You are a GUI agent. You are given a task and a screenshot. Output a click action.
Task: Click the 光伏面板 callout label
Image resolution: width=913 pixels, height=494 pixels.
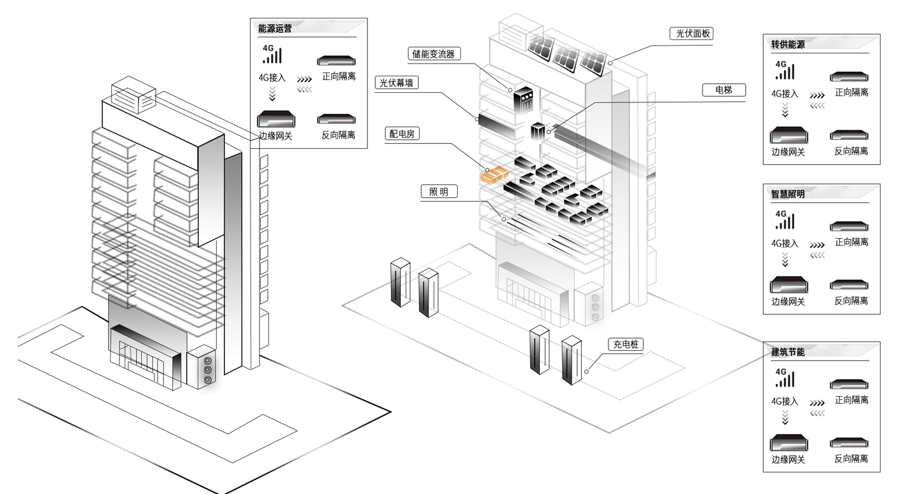(x=691, y=34)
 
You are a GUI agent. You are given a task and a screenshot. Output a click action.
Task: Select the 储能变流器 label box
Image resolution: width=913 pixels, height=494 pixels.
(x=434, y=54)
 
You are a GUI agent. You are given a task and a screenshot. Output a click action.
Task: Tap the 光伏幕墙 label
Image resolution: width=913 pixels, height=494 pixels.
(x=397, y=83)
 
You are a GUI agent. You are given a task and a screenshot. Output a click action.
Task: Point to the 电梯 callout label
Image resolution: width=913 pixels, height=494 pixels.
(x=724, y=90)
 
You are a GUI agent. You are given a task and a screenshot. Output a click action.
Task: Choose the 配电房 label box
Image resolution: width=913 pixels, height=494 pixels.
(x=402, y=134)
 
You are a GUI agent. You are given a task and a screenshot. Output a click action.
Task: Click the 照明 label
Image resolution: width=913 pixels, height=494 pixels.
(x=439, y=191)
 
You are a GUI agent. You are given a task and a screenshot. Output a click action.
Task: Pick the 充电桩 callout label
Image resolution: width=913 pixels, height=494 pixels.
(x=626, y=345)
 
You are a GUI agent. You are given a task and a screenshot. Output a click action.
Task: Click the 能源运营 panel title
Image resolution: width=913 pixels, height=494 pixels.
(x=275, y=29)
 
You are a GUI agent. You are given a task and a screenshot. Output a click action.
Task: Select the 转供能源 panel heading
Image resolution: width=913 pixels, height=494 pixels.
(x=788, y=45)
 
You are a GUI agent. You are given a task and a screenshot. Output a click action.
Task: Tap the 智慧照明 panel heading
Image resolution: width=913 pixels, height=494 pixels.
(x=788, y=194)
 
